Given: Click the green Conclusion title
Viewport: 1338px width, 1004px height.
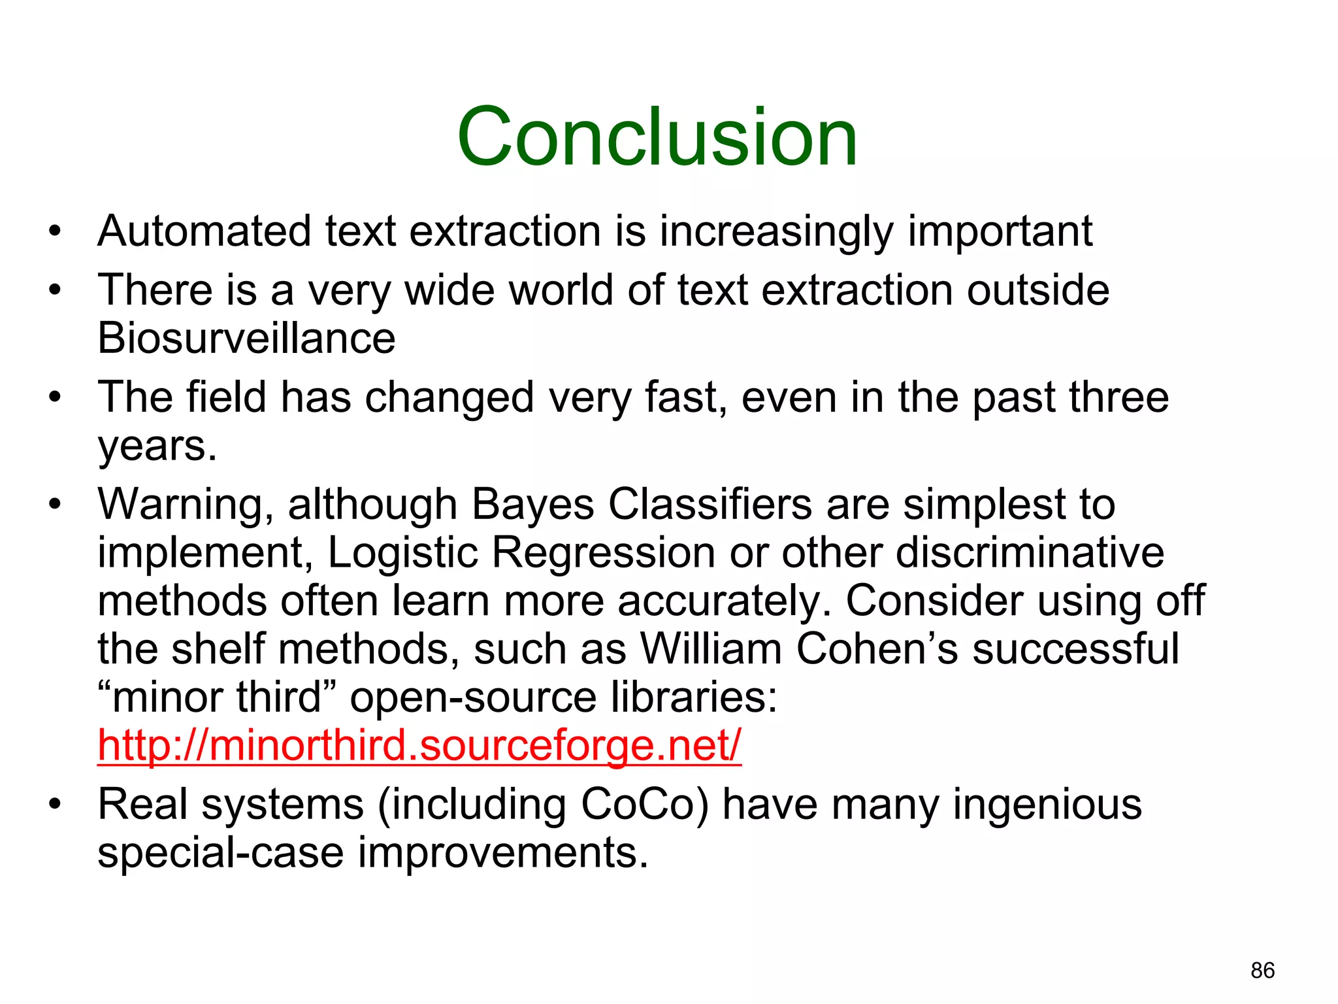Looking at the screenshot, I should point(657,137).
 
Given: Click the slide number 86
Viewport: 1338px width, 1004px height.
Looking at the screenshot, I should point(1262,971).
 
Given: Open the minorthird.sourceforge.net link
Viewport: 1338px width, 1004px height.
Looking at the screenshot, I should point(419,745).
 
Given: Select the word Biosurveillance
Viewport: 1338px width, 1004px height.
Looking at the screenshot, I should point(246,338).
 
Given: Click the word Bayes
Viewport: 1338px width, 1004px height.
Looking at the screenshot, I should point(532,505).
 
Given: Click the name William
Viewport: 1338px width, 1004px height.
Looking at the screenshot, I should point(711,649).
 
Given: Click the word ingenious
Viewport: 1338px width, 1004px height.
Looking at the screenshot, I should point(1047,804).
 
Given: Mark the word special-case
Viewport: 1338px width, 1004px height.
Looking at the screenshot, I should point(220,852).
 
